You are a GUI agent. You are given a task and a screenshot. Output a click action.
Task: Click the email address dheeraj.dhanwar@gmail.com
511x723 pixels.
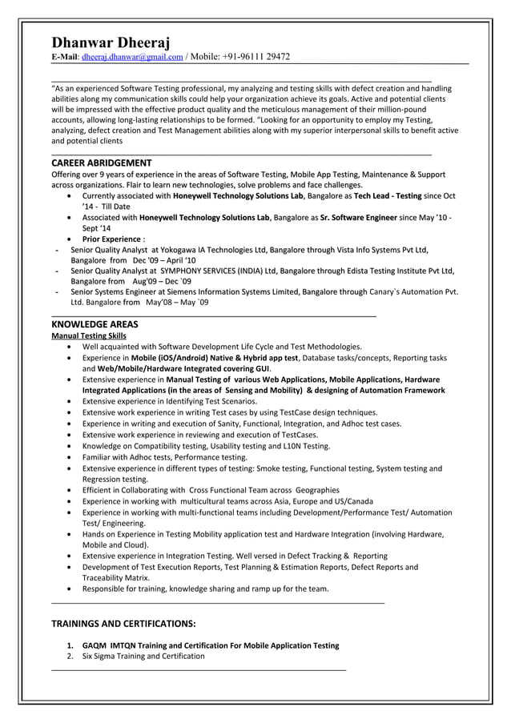click(x=132, y=57)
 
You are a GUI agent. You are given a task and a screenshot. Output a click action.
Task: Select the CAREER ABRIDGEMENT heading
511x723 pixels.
click(x=101, y=163)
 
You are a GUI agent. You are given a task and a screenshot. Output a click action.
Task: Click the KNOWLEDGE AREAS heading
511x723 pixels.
click(x=95, y=324)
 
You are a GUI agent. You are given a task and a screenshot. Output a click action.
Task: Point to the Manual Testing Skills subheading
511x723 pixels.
click(x=88, y=336)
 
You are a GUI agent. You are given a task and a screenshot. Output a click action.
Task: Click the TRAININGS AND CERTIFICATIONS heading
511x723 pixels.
click(x=123, y=623)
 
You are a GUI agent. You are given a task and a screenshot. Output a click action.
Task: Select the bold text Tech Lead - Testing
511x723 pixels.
click(x=388, y=195)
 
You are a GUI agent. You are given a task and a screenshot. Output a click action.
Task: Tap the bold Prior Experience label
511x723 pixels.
click(x=111, y=239)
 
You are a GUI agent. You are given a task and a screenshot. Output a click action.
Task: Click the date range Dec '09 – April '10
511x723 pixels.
click(x=163, y=261)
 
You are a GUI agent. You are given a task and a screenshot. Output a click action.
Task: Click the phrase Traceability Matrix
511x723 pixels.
click(x=115, y=577)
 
